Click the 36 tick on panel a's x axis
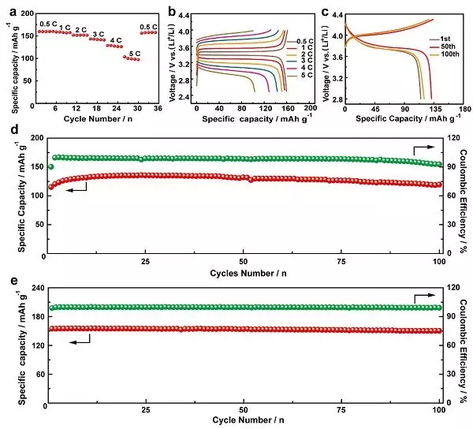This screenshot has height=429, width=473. coord(158,107)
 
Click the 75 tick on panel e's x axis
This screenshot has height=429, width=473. coord(341,410)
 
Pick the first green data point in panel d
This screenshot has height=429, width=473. coord(51,166)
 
